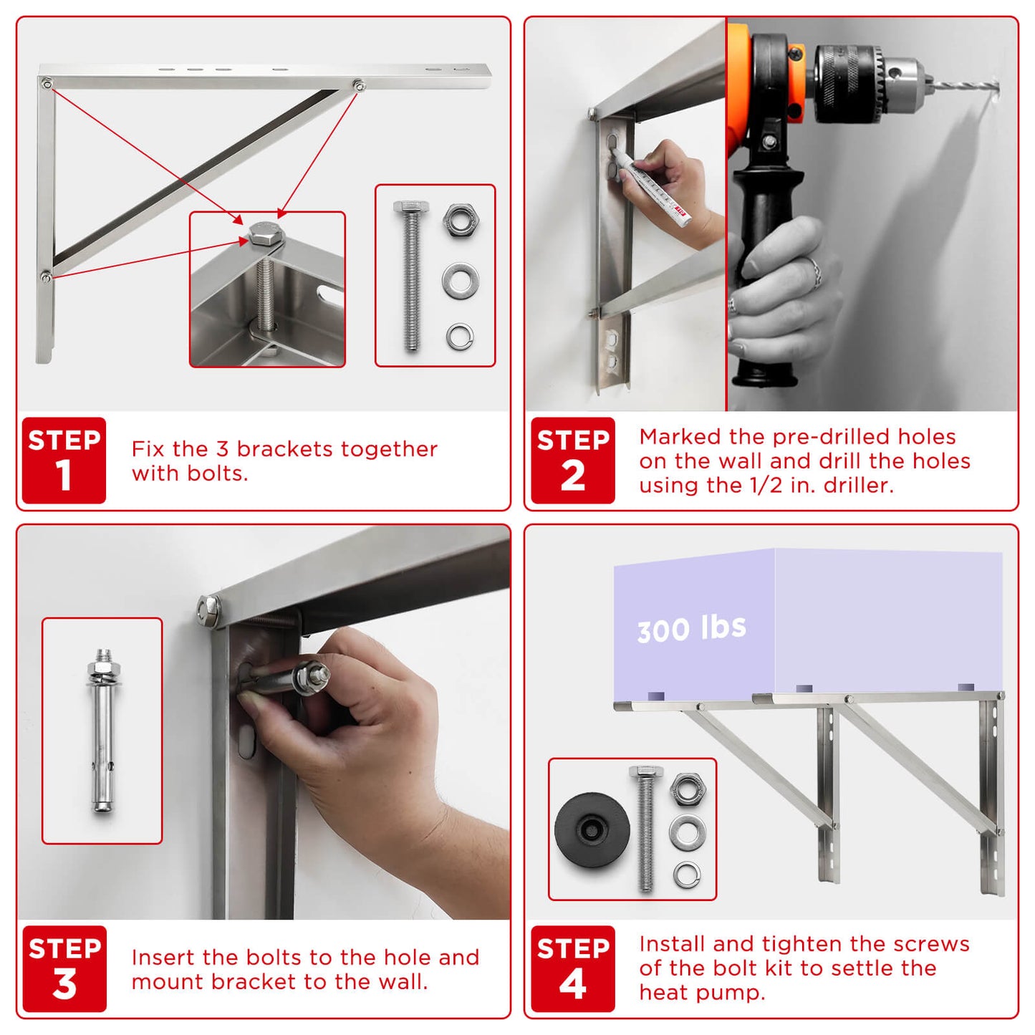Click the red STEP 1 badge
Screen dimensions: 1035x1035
[x=64, y=461]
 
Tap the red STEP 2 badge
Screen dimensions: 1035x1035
[x=572, y=461]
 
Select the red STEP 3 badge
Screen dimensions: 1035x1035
[x=64, y=968]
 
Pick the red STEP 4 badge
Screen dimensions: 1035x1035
[x=572, y=968]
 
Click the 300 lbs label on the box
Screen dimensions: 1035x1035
[x=691, y=628]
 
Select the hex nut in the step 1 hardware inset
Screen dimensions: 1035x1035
[x=461, y=220]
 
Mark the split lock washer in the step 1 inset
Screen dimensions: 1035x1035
[x=460, y=336]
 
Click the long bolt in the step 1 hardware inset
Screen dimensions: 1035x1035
[x=411, y=276]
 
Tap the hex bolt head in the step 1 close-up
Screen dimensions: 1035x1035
[x=264, y=234]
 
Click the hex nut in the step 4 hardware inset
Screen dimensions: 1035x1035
[x=688, y=789]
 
